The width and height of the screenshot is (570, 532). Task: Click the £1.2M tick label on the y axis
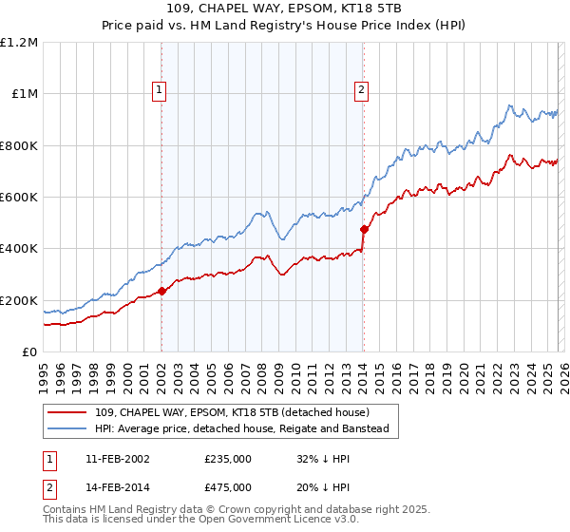point(19,43)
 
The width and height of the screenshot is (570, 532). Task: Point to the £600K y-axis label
point(19,198)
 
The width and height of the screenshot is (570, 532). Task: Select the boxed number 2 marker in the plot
point(362,91)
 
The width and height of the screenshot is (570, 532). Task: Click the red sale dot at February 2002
point(161,292)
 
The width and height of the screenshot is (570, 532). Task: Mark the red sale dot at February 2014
point(363,229)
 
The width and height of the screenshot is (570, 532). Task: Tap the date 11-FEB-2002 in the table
point(117,458)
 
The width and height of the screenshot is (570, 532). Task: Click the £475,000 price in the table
point(228,486)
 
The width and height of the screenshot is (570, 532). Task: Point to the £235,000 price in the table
point(228,458)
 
